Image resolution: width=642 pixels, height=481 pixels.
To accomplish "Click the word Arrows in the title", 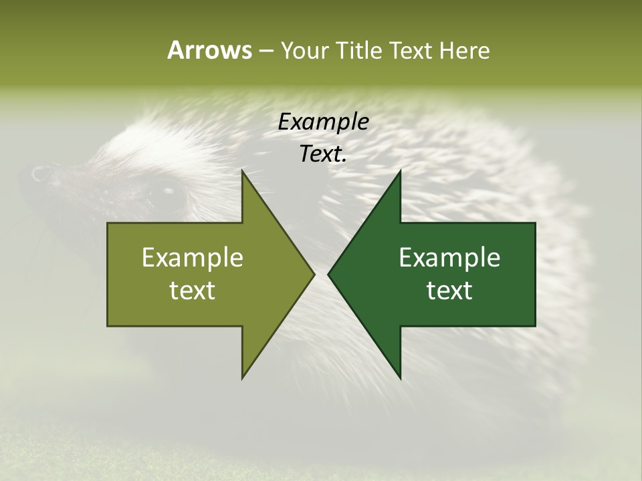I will click(x=209, y=50).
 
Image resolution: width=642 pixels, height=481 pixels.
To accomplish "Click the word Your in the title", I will click(x=304, y=50).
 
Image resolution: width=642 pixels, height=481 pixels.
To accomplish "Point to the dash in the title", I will click(x=265, y=51).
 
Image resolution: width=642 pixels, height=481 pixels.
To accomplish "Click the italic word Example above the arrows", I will click(x=323, y=122).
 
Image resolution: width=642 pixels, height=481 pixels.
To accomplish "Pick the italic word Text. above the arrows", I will click(x=323, y=154).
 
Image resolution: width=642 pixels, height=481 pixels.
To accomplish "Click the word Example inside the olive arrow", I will click(x=193, y=257).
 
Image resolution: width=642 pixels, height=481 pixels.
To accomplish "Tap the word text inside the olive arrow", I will click(x=193, y=290).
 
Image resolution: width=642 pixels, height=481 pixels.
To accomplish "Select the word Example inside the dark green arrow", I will click(x=449, y=257).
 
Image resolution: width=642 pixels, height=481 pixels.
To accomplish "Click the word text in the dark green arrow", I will click(x=449, y=290).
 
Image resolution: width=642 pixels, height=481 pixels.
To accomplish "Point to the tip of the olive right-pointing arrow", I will click(x=313, y=274).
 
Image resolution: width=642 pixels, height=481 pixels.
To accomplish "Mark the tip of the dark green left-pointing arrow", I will click(x=329, y=274).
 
